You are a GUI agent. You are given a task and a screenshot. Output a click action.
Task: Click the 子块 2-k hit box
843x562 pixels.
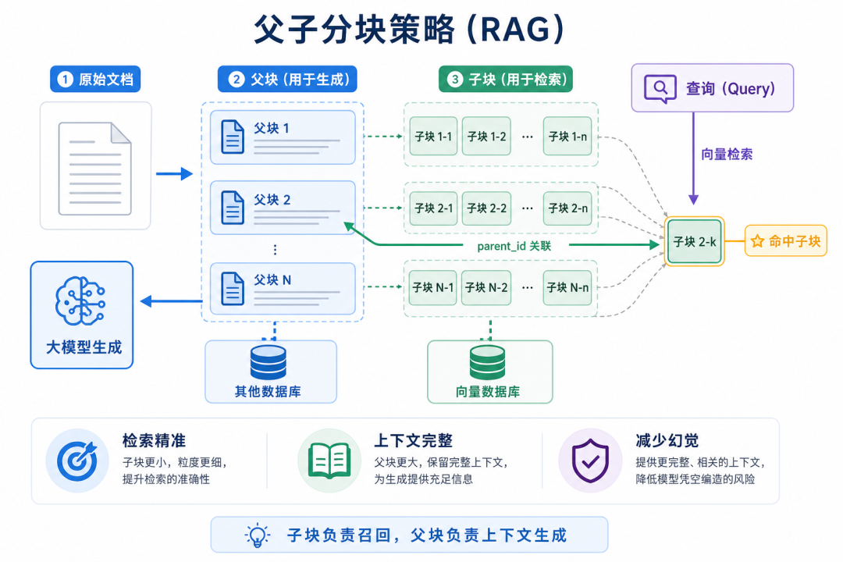[694, 241]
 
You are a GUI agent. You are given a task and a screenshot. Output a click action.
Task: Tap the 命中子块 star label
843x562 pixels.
[785, 241]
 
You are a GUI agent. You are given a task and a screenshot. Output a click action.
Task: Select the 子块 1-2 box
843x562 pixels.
[486, 136]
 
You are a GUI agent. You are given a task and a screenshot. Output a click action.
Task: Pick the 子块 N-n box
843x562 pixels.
[567, 287]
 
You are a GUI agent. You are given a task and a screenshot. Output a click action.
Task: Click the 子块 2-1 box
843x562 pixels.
[433, 208]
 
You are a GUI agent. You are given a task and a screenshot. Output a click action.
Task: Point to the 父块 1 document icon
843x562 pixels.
[233, 137]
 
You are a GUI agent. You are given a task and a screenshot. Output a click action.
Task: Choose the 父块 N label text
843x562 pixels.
[272, 279]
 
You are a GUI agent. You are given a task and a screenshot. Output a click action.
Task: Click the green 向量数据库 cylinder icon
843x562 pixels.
[487, 362]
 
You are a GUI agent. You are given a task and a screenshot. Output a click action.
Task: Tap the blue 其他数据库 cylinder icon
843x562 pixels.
[269, 362]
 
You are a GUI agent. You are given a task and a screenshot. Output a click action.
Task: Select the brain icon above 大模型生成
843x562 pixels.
[80, 301]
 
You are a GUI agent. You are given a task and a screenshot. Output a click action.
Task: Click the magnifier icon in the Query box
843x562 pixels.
[660, 88]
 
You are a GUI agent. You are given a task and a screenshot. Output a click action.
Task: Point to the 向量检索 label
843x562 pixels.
[727, 155]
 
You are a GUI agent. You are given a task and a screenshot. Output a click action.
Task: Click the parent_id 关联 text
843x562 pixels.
[514, 247]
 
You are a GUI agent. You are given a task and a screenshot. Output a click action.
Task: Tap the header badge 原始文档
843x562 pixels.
[95, 79]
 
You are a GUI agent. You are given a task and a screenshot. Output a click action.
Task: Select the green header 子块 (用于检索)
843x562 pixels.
[506, 79]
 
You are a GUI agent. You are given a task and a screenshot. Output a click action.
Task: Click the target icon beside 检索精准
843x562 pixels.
[77, 461]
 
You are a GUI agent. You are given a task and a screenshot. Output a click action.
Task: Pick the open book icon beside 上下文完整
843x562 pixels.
[329, 461]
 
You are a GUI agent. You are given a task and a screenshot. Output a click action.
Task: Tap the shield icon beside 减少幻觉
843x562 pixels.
[590, 461]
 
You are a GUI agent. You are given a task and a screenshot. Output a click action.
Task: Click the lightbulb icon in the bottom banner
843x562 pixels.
[257, 535]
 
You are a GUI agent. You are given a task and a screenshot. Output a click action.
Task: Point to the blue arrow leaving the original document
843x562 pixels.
[174, 174]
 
